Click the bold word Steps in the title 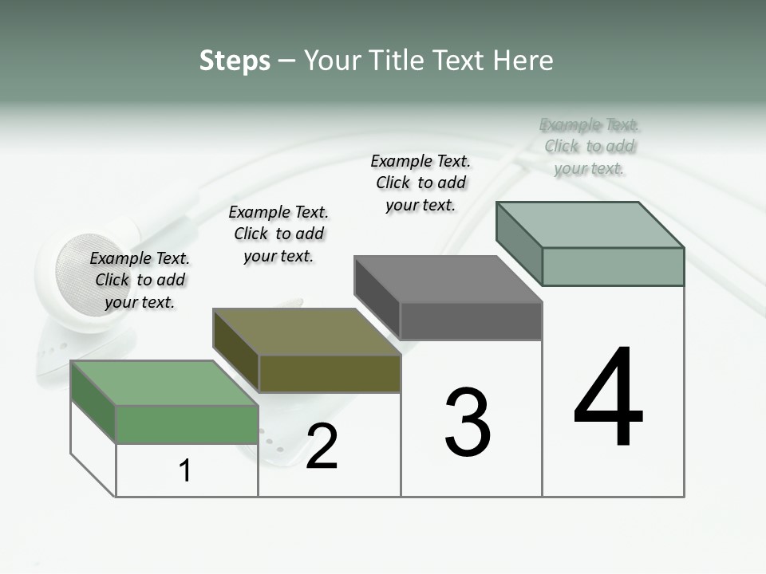click(234, 61)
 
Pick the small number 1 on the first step click(185, 471)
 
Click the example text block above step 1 click(140, 280)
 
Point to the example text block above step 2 click(278, 234)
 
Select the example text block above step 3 click(421, 183)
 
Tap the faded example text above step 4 click(590, 146)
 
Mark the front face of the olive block click(330, 373)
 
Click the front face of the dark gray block click(471, 320)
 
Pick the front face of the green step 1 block click(187, 424)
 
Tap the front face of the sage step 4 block click(613, 266)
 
